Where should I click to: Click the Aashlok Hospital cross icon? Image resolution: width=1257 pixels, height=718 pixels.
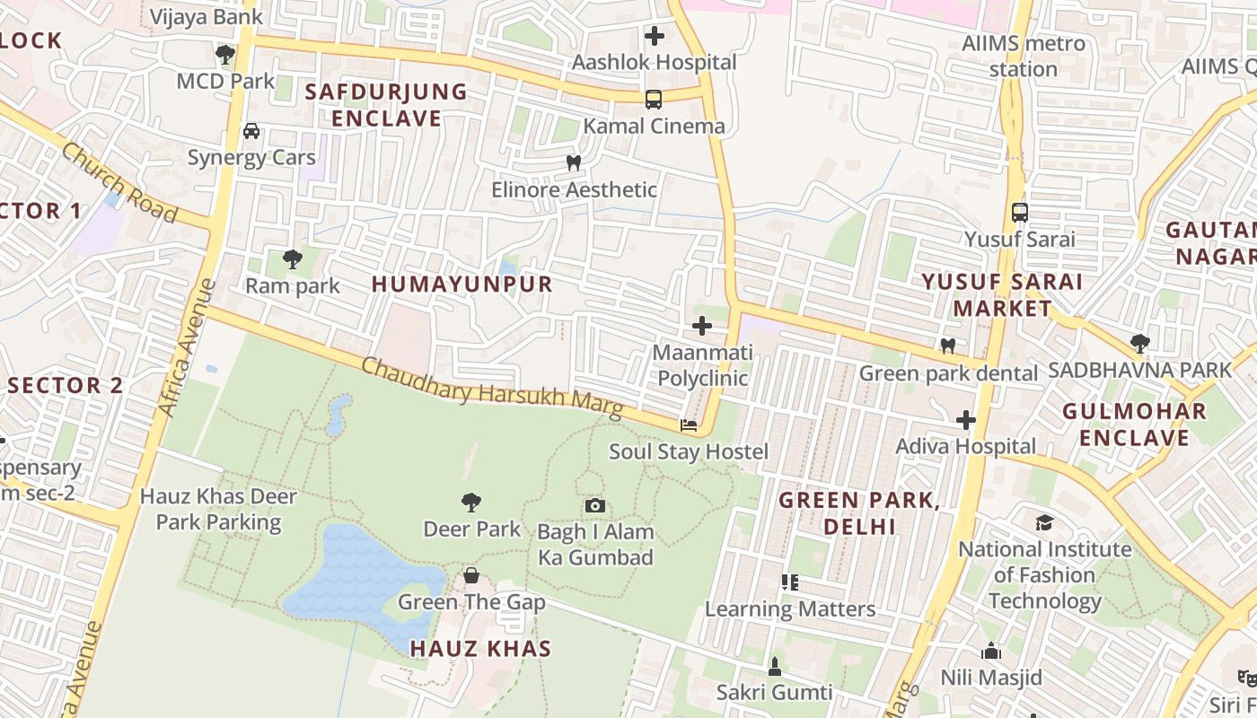point(655,36)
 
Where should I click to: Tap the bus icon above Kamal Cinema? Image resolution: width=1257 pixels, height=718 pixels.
point(654,100)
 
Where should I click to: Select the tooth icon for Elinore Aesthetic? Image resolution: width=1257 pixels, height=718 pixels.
point(574,163)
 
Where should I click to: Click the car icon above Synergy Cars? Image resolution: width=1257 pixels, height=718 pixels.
point(251,131)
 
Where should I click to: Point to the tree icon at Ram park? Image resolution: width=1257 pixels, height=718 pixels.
point(292,259)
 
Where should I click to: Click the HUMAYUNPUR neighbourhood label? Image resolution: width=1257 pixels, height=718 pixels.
point(462,285)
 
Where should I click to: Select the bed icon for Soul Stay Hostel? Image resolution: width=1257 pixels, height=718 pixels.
point(689,425)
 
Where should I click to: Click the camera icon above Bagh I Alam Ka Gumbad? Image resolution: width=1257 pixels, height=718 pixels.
point(594,506)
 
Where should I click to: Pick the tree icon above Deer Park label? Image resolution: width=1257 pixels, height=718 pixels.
point(471,503)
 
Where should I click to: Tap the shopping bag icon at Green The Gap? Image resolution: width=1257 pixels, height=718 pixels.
point(471,575)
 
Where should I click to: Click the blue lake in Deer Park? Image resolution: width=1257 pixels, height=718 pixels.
point(359,574)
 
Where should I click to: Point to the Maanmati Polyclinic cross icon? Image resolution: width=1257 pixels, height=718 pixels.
point(702,326)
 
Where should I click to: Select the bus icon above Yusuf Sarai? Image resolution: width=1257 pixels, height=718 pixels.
point(1019,213)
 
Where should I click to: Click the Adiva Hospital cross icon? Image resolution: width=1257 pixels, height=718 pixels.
point(966,420)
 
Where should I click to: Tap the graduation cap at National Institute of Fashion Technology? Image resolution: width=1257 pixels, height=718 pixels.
point(1044,522)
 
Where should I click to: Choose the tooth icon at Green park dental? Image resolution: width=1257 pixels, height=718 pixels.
point(947,346)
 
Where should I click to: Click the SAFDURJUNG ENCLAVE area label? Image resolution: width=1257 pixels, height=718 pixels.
point(386,105)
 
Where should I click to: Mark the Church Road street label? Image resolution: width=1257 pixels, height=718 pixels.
point(119,182)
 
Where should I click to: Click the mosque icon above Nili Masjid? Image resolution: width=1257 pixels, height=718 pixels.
point(991,651)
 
